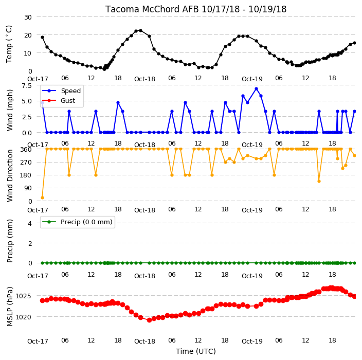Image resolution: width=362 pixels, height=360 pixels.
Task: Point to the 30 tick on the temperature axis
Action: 28,17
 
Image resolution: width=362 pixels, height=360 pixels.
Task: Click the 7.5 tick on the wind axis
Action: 27,86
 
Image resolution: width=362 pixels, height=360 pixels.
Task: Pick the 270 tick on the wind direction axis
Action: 26,163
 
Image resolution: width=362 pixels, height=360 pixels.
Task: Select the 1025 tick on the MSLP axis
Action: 23,296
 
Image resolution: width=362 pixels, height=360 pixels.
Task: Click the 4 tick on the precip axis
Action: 30,223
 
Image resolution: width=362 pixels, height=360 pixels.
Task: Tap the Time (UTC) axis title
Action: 196,351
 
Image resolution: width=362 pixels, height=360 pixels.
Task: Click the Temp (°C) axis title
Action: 9,44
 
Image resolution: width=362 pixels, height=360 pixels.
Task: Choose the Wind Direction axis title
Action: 10,175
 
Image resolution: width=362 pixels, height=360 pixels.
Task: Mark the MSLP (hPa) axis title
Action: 10,306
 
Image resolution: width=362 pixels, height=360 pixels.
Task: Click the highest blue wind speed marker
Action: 256,89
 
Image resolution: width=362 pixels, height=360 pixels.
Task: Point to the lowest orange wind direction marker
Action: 42,197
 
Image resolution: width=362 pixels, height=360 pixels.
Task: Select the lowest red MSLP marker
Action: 149,320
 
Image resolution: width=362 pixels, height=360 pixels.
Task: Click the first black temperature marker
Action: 43,37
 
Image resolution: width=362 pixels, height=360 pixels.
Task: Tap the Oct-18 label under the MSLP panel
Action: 144,341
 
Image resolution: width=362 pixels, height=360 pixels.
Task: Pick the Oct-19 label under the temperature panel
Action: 252,79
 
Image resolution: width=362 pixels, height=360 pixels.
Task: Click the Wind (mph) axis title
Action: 10,110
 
